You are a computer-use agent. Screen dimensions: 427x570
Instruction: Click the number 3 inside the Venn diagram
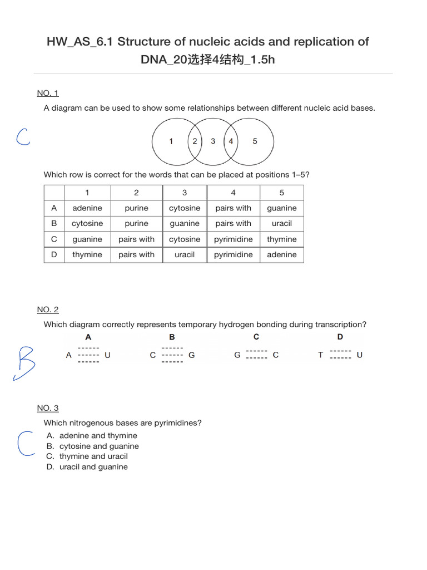coord(213,141)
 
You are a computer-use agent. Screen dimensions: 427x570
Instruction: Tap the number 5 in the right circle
coord(255,141)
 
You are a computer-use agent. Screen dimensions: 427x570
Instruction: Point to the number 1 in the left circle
coord(171,141)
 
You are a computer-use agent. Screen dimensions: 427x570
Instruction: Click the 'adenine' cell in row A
coord(87,208)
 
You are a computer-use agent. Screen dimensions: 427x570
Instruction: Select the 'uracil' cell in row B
coord(281,224)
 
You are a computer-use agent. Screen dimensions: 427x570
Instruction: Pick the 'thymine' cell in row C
coord(281,239)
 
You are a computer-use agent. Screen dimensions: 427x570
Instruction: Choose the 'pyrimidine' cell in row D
coord(233,255)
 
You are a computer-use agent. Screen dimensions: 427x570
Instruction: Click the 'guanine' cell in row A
coord(281,208)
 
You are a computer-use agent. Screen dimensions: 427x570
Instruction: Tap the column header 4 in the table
coord(233,193)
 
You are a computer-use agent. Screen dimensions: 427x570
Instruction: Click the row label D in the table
coord(54,255)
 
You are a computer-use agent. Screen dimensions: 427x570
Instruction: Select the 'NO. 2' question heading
coord(48,309)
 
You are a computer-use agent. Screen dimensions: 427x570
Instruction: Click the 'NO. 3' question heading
coord(48,408)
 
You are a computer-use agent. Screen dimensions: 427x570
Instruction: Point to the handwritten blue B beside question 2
coord(25,363)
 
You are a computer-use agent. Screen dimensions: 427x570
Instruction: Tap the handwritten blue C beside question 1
coord(22,136)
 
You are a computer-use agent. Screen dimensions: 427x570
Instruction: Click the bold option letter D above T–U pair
coord(340,337)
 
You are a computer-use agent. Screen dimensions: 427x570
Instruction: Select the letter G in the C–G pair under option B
coord(192,355)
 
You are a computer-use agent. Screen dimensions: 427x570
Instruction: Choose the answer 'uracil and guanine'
coord(93,467)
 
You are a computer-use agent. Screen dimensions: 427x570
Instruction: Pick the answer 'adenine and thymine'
coord(98,436)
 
